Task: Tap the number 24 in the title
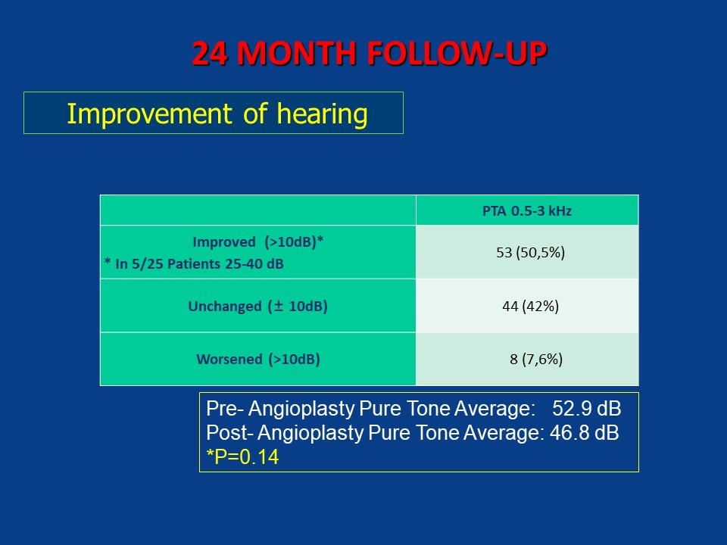[x=210, y=53]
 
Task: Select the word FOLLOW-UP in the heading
[x=457, y=53]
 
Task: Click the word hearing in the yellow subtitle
[x=323, y=114]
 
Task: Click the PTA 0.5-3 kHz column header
[x=527, y=211]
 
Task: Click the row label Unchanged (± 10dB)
[x=257, y=307]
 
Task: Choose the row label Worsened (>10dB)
[x=258, y=359]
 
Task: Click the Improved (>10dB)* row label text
[x=257, y=242]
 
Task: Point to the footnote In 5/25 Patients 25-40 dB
[x=194, y=263]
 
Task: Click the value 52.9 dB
[x=586, y=409]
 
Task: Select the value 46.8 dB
[x=584, y=433]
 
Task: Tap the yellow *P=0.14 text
[x=242, y=457]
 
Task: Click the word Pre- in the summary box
[x=225, y=409]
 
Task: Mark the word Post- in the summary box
[x=229, y=433]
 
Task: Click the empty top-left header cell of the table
[x=258, y=210]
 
